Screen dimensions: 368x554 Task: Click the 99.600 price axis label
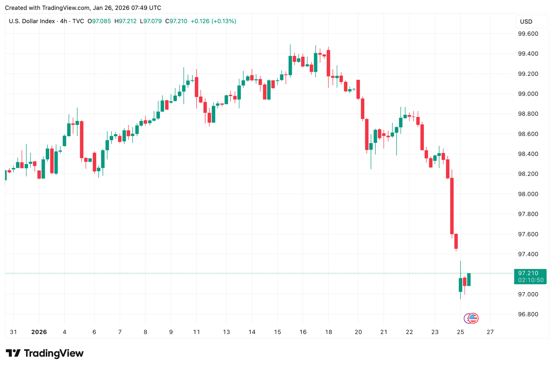[528, 34]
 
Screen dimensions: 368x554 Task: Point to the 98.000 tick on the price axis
[528, 194]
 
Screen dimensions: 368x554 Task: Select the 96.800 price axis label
[528, 314]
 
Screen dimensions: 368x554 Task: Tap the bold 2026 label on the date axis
[39, 332]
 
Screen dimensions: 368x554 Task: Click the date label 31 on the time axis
[13, 332]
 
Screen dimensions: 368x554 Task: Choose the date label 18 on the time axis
[328, 332]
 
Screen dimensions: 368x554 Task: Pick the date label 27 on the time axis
[490, 332]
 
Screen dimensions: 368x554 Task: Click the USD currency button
[526, 22]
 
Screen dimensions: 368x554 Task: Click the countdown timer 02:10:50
[531, 280]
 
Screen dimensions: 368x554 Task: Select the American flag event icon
[473, 318]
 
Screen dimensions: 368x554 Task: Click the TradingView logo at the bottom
[45, 353]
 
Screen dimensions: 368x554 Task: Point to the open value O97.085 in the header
[99, 21]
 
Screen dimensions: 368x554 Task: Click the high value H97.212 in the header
[125, 21]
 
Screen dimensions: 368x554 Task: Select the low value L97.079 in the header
[151, 21]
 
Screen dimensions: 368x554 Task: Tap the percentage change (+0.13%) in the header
[224, 21]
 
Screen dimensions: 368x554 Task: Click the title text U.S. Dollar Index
[32, 21]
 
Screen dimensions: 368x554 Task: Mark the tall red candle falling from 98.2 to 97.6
[452, 206]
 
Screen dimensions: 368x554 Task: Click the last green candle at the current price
[469, 279]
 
